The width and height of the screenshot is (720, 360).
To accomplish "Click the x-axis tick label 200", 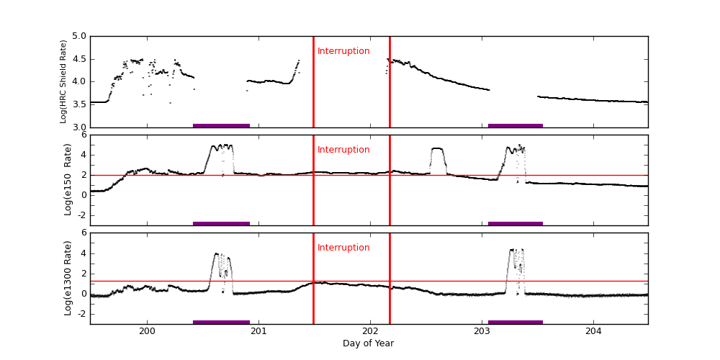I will [147, 331].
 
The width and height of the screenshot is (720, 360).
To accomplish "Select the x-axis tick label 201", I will [258, 331].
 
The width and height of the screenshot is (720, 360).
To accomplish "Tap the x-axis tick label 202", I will [370, 331].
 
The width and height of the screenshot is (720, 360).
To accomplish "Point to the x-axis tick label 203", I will [482, 331].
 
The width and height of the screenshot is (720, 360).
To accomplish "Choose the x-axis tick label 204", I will [593, 331].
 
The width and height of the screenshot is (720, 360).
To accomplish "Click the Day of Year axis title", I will [368, 343].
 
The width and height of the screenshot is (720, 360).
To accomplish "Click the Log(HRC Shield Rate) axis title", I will [63, 81].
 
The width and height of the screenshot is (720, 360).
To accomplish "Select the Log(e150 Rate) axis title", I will [68, 179].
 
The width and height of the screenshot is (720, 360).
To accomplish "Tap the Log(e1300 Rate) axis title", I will [68, 278].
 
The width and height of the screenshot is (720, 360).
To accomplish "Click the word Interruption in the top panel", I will [343, 51].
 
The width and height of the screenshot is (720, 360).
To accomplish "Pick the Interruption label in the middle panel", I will [343, 150].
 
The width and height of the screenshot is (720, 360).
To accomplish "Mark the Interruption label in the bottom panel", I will [343, 248].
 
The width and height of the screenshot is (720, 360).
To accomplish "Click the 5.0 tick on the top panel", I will [78, 36].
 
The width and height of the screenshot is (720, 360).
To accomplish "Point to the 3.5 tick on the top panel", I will [78, 104].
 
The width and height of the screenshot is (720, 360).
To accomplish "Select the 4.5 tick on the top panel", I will [78, 59].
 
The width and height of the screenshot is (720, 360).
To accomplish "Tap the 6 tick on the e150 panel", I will [83, 135].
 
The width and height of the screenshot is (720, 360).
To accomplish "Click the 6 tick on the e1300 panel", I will [83, 233].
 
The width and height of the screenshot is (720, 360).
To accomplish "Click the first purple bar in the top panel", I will [221, 125].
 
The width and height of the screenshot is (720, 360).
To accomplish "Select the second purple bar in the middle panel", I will [516, 223].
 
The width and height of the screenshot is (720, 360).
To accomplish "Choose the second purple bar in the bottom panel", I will [516, 322].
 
